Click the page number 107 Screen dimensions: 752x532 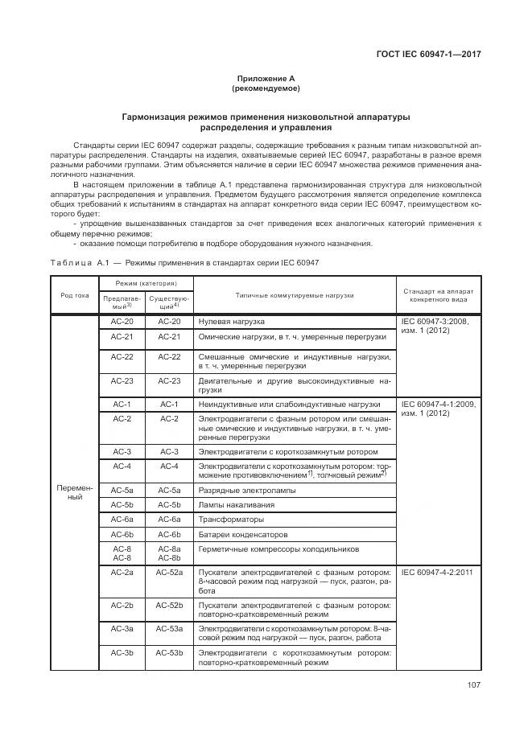tap(473, 685)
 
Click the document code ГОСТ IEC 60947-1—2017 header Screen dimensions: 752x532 tap(434, 55)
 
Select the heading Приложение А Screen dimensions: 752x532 tap(266, 78)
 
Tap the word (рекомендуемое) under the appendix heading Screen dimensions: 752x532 tap(266, 88)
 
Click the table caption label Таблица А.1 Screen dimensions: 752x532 tap(78, 263)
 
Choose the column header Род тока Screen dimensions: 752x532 tap(75, 295)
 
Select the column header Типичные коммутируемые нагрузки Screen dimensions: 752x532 tap(295, 295)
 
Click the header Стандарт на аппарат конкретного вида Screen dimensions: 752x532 tap(439, 295)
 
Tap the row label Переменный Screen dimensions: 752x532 tap(75, 491)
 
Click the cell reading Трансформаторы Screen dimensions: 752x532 tap(229, 520)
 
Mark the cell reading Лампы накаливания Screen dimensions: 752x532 tap(236, 504)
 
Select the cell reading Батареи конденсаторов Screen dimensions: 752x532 tap(241, 534)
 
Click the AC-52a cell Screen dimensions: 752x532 tap(170, 571)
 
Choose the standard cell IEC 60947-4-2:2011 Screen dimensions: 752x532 tap(438, 571)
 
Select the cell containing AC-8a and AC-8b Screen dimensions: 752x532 tap(170, 553)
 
